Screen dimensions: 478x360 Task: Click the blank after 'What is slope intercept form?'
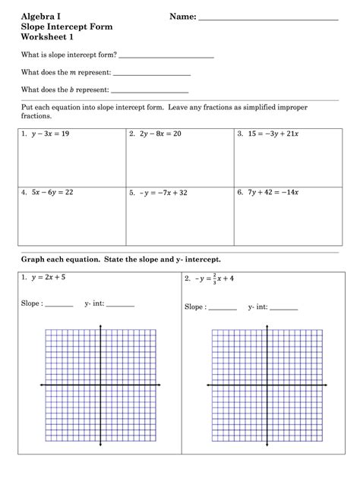tap(166, 57)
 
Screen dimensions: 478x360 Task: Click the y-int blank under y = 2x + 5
tap(121, 305)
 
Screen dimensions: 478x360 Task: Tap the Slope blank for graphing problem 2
tap(222, 309)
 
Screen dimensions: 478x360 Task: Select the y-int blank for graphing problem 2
tap(284, 309)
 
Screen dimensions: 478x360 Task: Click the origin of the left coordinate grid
tap(100, 385)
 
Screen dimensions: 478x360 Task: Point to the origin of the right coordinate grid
tap(267, 385)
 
